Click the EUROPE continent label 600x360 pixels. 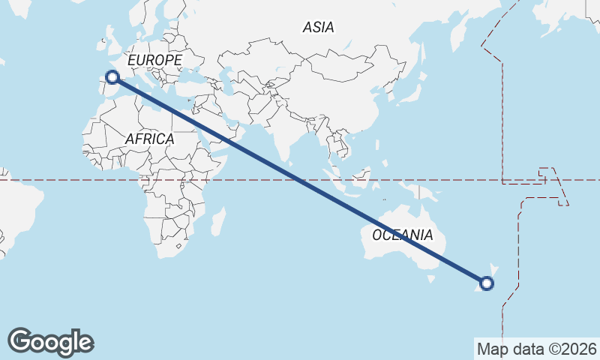tap(154, 60)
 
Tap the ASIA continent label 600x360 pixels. tap(318, 28)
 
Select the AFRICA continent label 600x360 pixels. tap(149, 139)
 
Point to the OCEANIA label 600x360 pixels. tap(403, 235)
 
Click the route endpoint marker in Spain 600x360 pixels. tap(112, 76)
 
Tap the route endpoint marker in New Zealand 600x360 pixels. tap(487, 283)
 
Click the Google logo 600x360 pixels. tap(50, 342)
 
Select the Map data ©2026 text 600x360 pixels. tap(536, 349)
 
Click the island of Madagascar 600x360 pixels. tap(217, 222)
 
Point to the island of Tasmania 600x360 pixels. tap(431, 278)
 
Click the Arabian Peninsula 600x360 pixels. tap(218, 128)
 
